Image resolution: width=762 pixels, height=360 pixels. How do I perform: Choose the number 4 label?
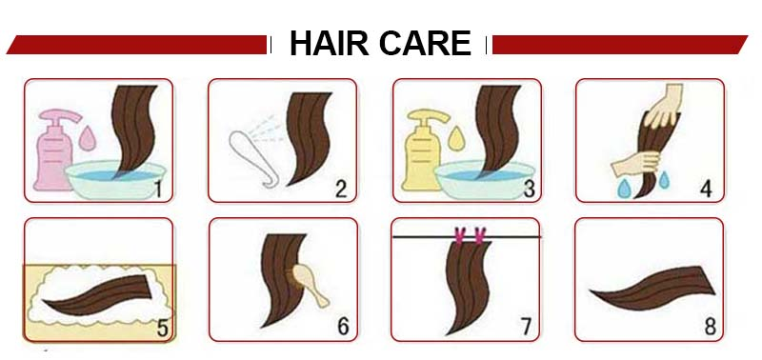click(706, 188)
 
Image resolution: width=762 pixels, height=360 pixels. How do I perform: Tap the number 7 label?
click(525, 327)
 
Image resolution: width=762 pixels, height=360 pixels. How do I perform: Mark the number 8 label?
click(709, 327)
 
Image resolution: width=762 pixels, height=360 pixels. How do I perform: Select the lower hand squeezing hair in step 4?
click(633, 162)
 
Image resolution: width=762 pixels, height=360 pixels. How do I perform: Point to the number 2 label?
click(339, 188)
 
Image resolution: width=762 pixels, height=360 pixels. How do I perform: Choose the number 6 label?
click(343, 327)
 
